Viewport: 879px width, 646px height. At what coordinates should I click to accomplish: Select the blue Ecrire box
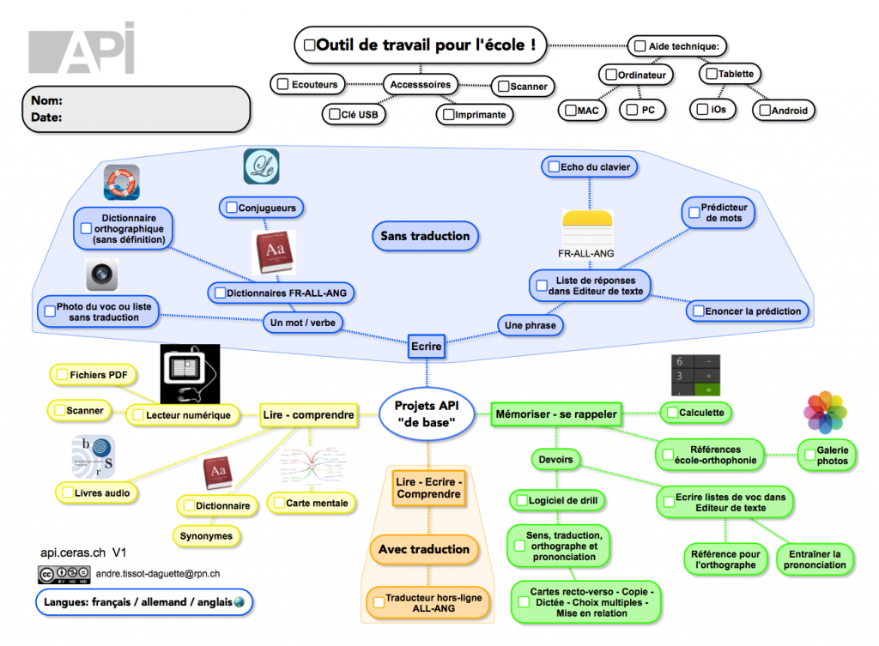click(x=426, y=347)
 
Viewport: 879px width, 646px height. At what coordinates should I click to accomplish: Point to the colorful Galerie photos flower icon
click(x=825, y=414)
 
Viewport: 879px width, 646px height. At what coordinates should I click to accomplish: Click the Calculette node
click(x=696, y=413)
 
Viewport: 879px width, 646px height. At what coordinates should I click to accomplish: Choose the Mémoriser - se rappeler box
click(x=555, y=414)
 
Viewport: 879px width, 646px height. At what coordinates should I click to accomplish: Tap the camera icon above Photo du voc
click(x=102, y=275)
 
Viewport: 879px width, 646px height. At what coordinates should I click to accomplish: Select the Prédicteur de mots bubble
click(x=719, y=213)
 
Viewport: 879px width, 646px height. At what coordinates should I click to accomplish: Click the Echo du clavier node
click(x=589, y=166)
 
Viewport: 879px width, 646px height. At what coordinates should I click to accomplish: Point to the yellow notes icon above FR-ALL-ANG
click(x=589, y=227)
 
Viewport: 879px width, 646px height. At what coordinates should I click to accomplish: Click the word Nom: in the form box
click(x=46, y=100)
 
